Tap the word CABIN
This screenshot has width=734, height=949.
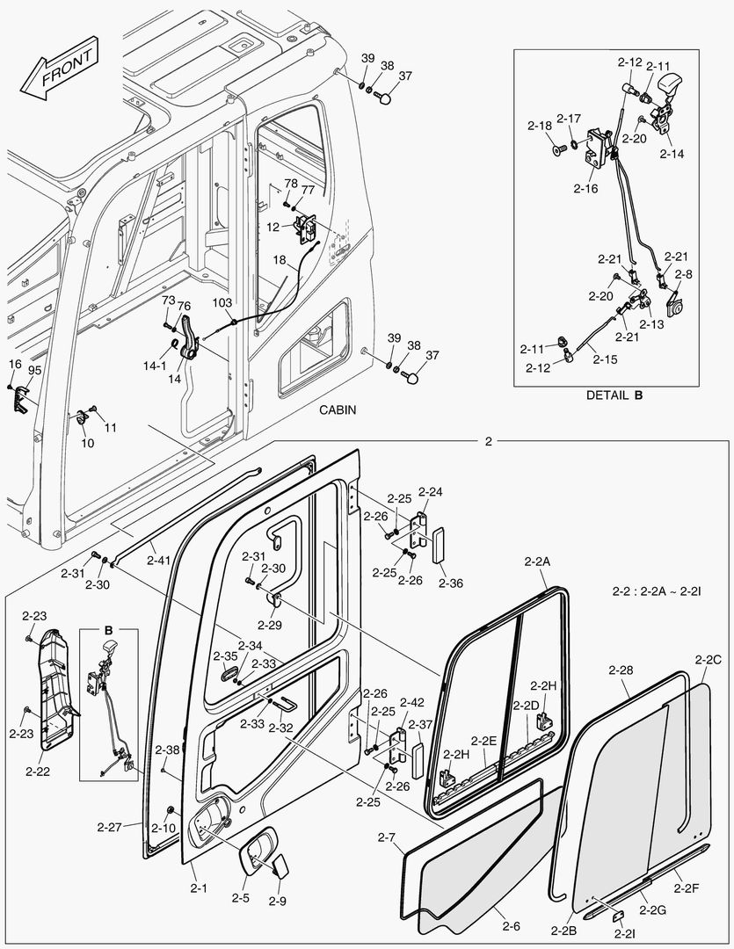[338, 410]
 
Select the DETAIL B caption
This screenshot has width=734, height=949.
[614, 395]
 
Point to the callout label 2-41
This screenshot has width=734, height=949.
[159, 559]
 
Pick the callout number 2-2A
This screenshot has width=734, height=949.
[537, 561]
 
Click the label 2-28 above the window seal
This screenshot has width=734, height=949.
[621, 670]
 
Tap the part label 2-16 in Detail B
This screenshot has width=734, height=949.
[585, 188]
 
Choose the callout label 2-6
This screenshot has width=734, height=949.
[511, 925]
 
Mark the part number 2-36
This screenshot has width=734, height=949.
[450, 583]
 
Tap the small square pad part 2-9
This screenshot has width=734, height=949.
[281, 866]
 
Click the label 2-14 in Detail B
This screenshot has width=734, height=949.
[672, 153]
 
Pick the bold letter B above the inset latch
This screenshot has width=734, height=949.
[109, 630]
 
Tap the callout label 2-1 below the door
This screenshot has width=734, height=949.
[199, 888]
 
